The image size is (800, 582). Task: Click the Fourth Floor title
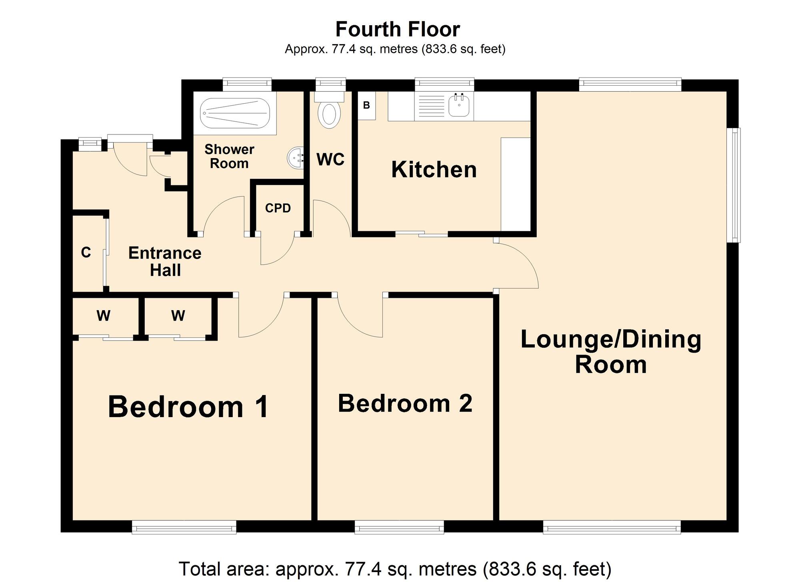tap(398, 29)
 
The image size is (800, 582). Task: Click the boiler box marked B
tap(366, 106)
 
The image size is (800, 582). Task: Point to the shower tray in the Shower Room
tap(235, 113)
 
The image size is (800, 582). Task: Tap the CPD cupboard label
tap(278, 208)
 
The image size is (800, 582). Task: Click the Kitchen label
tap(434, 169)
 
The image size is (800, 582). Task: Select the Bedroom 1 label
tap(188, 407)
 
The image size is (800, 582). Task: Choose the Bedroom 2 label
tap(405, 403)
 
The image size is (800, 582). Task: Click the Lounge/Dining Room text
tap(611, 351)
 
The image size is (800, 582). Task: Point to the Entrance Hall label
tap(165, 261)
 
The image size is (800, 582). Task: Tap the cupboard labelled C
tap(86, 253)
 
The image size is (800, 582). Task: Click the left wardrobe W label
tap(103, 316)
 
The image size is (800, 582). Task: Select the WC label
tap(330, 159)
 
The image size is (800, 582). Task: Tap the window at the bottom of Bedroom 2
tap(399, 527)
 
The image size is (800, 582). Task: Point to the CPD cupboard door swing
tap(277, 250)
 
